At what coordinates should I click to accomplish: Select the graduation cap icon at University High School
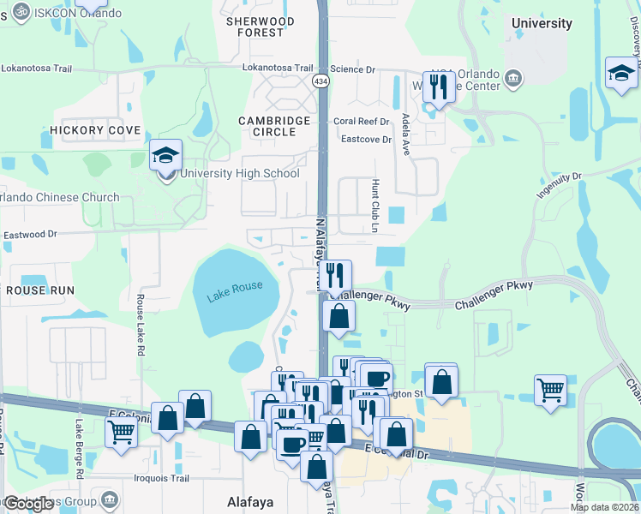coord(165,155)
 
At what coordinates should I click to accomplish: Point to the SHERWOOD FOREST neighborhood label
coord(261,27)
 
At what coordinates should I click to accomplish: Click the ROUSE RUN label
coord(40,290)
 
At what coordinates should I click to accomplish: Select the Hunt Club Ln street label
coord(374,206)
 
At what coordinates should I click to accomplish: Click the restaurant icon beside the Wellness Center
coord(439,87)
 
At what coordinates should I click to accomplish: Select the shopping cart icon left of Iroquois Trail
coord(122,432)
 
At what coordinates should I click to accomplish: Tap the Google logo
coord(28,504)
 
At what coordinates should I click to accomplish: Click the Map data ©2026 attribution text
coord(603,507)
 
